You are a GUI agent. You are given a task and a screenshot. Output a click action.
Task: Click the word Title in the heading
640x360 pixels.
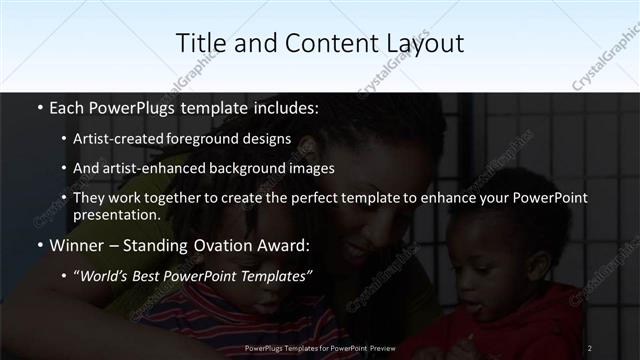point(199,43)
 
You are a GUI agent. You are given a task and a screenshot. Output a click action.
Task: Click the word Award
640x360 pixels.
point(285,244)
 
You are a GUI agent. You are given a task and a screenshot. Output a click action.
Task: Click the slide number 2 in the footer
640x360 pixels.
point(589,348)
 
